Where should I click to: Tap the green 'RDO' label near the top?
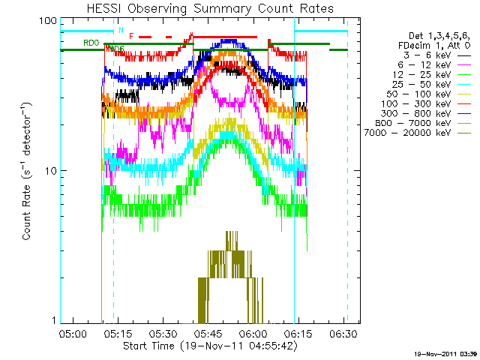pos(91,43)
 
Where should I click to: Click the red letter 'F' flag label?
pos(131,35)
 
